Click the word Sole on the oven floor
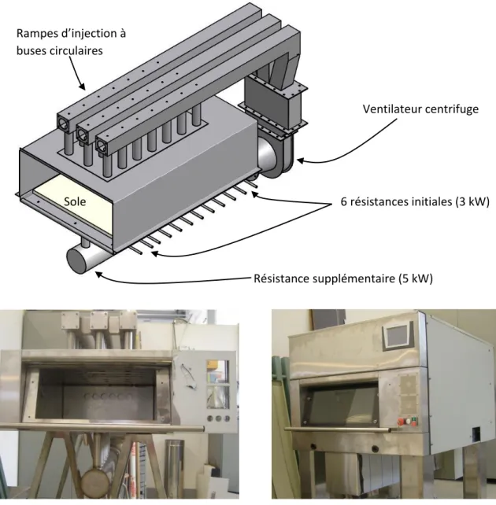(75, 201)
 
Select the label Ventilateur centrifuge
(420, 109)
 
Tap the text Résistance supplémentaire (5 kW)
(343, 278)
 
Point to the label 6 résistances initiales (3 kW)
(415, 201)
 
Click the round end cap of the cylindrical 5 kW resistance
(76, 261)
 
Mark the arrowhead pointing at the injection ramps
(82, 87)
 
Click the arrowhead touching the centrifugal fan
(301, 160)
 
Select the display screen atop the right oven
(397, 337)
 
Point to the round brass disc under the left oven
(94, 482)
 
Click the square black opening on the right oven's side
(476, 434)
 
